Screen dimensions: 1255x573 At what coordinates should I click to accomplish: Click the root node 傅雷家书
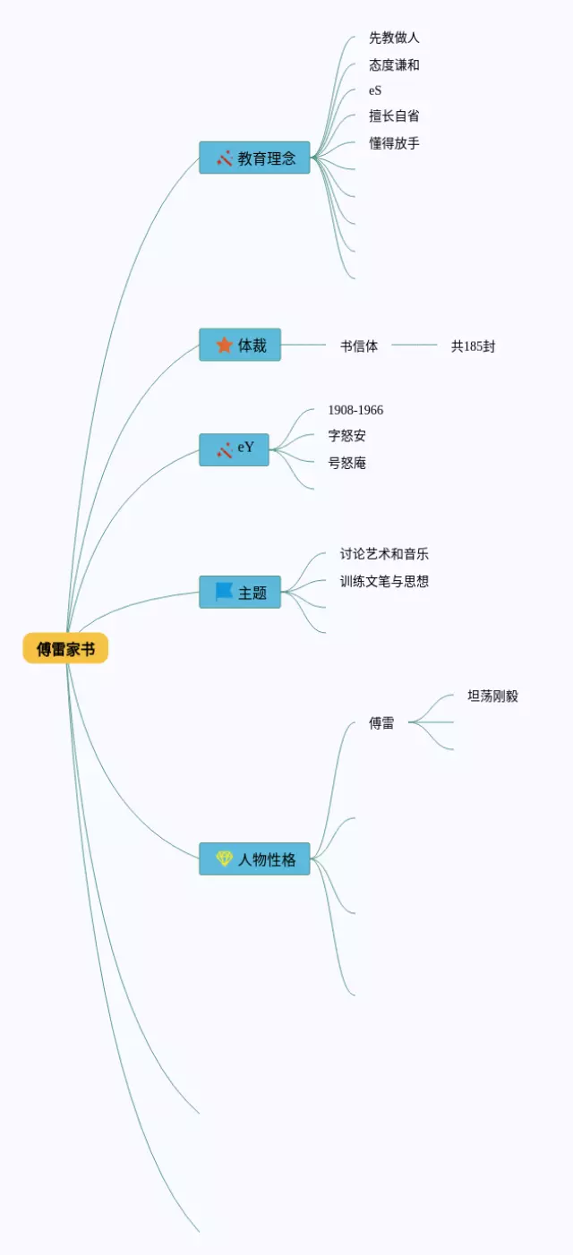65,649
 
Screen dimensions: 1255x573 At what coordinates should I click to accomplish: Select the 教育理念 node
254,158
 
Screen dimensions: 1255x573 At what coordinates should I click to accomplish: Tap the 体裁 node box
240,345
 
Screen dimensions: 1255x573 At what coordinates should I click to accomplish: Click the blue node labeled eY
234,448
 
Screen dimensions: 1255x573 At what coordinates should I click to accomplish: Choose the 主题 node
240,593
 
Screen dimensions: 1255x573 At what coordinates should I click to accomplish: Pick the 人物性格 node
254,859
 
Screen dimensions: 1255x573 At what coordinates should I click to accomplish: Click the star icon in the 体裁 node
224,345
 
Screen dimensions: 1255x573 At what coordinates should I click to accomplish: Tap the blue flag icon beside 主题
224,592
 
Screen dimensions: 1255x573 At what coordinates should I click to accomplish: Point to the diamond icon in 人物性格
224,859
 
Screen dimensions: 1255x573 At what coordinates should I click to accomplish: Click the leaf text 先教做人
394,38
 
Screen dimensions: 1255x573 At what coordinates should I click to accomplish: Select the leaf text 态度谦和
394,65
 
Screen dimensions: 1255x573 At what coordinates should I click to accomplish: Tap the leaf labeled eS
375,90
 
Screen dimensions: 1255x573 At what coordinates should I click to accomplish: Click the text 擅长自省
394,115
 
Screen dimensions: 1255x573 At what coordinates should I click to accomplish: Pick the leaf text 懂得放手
394,143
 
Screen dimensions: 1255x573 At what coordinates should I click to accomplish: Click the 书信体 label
359,346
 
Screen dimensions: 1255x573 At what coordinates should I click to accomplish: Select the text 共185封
473,346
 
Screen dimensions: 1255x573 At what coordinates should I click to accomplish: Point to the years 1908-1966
355,410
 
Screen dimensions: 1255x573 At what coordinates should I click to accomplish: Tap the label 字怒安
346,436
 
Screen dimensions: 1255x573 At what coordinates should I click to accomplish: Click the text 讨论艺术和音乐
384,554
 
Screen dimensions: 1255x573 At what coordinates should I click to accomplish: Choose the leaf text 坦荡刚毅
492,696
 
